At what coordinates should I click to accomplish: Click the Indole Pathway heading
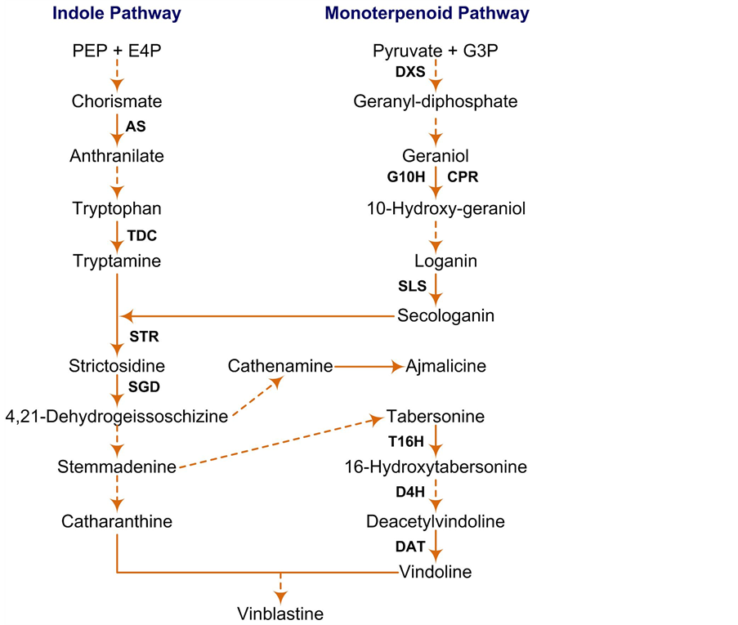tap(117, 13)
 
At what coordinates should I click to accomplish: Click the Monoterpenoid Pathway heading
tap(427, 13)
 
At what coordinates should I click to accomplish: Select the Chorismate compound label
tap(117, 102)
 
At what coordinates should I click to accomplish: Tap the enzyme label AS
tap(136, 127)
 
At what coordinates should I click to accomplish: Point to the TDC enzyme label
tap(141, 235)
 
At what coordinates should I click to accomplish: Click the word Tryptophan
tap(117, 209)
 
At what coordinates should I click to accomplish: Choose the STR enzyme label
tap(144, 336)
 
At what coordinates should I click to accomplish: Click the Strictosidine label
tap(118, 365)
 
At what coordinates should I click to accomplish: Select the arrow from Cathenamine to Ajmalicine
tap(368, 366)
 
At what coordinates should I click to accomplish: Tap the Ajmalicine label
tap(446, 366)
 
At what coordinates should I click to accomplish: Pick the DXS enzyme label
tap(410, 72)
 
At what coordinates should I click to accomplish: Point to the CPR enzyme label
tap(463, 176)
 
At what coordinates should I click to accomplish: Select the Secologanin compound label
tap(446, 315)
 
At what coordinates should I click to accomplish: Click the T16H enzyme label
tap(405, 441)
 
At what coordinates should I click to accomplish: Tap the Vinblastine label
tap(280, 614)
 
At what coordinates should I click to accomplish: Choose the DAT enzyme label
tap(410, 547)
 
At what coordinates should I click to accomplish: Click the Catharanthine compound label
tap(117, 521)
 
